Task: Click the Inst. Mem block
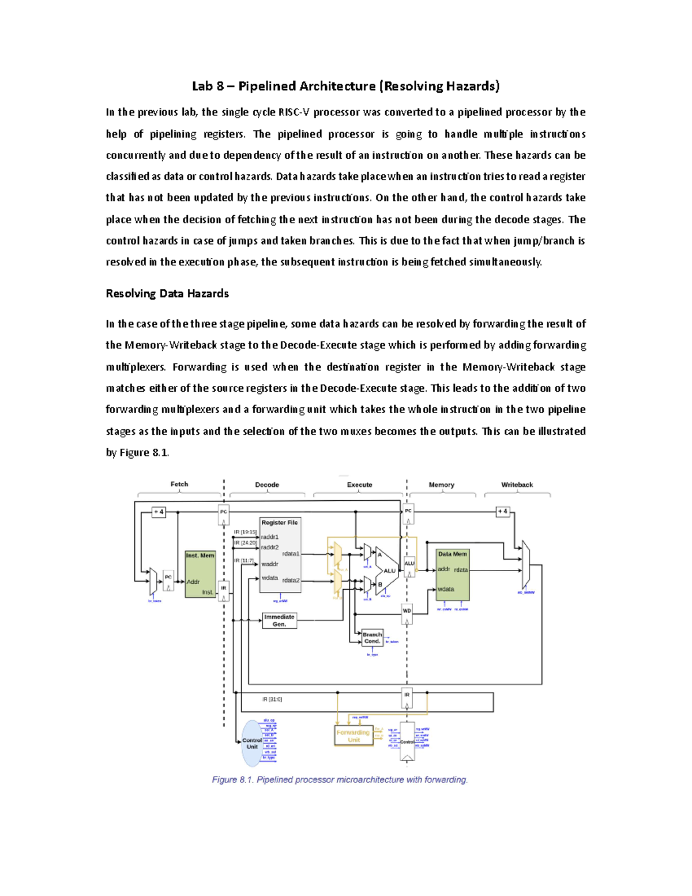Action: tap(200, 574)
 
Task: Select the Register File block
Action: tap(280, 554)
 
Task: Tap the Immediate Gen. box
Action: tap(279, 620)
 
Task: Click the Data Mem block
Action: tap(453, 574)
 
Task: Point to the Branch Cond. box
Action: tap(372, 638)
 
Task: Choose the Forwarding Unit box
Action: tap(353, 736)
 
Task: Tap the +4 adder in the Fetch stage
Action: tap(159, 512)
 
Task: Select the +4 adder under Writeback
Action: tap(503, 511)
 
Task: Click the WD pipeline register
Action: tap(407, 611)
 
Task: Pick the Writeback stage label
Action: tap(517, 485)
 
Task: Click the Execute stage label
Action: tap(359, 485)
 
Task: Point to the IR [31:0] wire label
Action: tap(272, 699)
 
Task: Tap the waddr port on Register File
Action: tap(269, 564)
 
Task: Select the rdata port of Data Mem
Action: tap(461, 570)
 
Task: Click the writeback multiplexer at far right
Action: tap(525, 564)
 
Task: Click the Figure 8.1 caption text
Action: tap(340, 779)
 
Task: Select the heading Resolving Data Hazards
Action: tap(167, 294)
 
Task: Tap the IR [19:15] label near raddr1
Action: tap(245, 532)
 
